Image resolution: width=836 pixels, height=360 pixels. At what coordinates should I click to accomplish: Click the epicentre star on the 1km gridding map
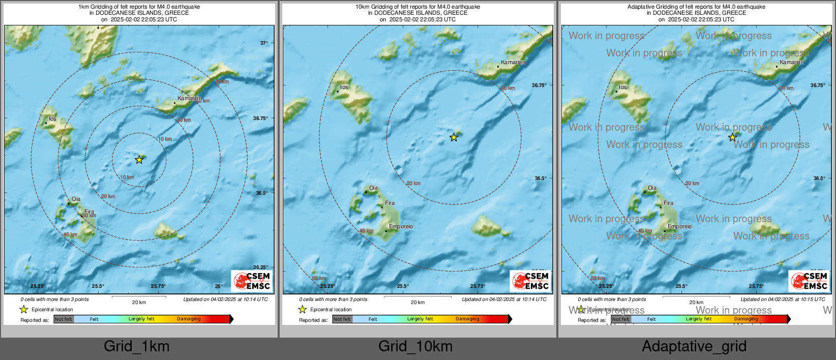tap(139, 160)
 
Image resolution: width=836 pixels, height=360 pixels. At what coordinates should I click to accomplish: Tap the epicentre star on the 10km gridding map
tap(454, 137)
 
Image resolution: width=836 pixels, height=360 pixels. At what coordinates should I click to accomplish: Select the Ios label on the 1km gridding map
tap(52, 118)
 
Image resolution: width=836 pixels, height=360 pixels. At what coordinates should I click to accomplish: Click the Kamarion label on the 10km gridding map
tap(513, 62)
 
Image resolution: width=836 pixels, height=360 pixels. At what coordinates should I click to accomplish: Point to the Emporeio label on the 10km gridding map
tap(401, 226)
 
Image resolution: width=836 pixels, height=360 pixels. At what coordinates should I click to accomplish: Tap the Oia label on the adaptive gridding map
tap(652, 188)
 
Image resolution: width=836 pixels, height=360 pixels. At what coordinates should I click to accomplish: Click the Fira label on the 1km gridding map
tap(89, 212)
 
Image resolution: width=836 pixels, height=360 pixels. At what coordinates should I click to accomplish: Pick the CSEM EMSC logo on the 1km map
tap(252, 281)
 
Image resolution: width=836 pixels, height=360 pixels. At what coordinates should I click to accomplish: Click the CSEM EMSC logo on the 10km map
tap(531, 281)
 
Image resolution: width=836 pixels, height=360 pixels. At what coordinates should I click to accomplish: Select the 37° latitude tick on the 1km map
tap(263, 43)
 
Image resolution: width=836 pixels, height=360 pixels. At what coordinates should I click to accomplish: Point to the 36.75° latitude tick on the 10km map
tap(539, 85)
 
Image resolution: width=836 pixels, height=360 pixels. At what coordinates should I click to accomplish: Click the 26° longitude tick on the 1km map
tap(219, 286)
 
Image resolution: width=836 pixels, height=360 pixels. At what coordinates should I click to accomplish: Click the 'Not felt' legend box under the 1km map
tap(64, 319)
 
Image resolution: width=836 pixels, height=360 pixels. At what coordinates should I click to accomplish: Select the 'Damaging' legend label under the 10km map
tap(467, 319)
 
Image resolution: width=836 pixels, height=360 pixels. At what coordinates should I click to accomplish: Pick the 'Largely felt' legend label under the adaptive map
tap(699, 319)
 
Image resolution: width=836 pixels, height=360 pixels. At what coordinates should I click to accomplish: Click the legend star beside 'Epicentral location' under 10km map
tap(303, 309)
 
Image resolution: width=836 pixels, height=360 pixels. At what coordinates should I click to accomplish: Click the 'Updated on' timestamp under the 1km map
tap(225, 299)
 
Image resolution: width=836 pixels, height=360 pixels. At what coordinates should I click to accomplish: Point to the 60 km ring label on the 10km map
tap(319, 278)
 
